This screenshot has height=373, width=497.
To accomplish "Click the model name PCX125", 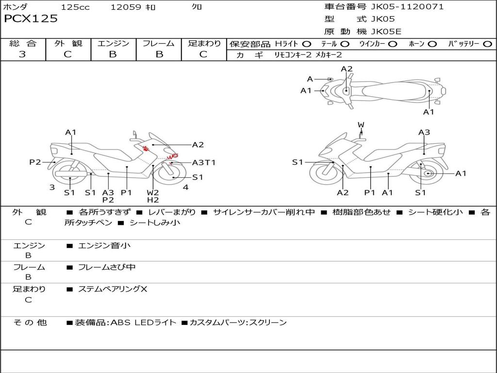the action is (x=31, y=19).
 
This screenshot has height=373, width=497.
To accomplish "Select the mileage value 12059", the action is (x=126, y=7).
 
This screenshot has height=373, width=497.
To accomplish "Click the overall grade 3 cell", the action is (x=22, y=54).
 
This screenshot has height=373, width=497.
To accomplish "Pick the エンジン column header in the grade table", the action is (x=113, y=44).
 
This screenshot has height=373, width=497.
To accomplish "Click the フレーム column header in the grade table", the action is (x=159, y=44).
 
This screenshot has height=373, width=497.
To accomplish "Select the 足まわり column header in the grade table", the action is (x=204, y=44).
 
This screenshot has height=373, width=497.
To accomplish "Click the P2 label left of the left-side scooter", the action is (x=35, y=162).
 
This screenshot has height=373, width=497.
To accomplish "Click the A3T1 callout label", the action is (x=204, y=163).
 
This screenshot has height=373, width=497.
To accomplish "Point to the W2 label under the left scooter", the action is (x=153, y=192).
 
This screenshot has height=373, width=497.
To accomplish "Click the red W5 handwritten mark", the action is (x=172, y=157).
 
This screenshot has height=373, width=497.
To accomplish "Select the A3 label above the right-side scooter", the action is (x=424, y=132).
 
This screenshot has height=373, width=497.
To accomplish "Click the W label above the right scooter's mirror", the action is (x=361, y=125).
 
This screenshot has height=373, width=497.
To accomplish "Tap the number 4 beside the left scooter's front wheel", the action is (x=185, y=187).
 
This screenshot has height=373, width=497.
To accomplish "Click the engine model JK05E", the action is (x=386, y=32).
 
